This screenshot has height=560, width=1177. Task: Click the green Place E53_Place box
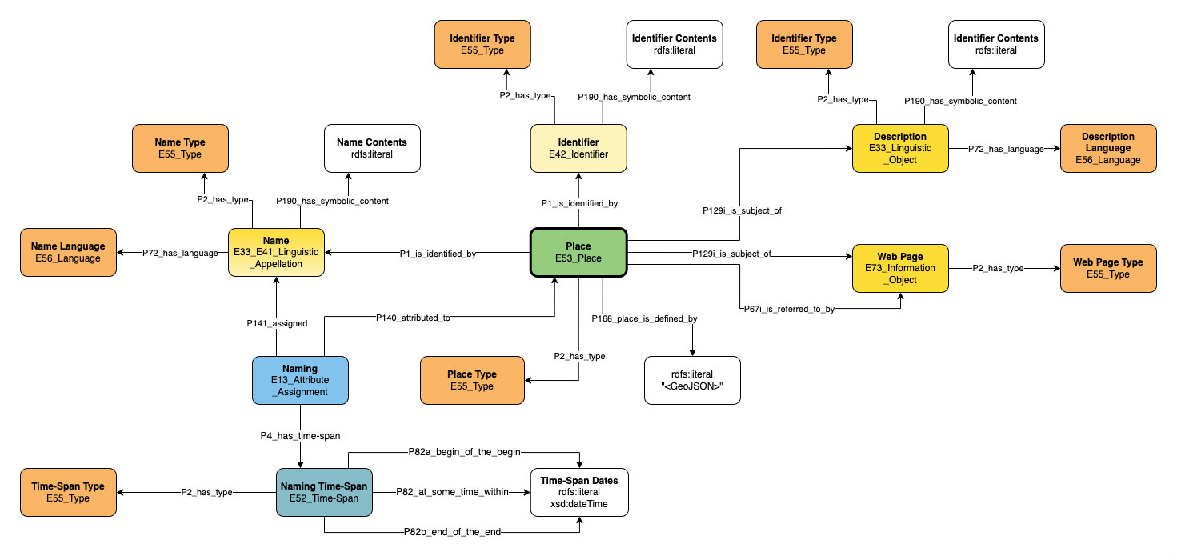point(578,252)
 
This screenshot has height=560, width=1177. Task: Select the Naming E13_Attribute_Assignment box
point(300,380)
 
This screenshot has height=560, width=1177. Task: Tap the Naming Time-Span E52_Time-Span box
point(324,492)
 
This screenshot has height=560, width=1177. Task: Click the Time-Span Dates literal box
point(579,492)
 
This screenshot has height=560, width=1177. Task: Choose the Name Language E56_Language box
point(67,252)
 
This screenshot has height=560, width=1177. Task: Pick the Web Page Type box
point(1108,268)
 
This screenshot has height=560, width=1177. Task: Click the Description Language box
point(1108,148)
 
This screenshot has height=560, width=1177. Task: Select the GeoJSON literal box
point(692,380)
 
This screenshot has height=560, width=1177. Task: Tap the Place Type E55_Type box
point(472,380)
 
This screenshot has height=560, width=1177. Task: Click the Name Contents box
point(372,148)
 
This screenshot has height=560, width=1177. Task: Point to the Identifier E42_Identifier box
point(578,148)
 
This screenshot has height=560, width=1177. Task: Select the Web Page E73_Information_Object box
point(900,268)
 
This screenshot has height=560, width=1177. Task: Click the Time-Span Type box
point(67,492)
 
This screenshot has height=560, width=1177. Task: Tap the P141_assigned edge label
point(276,324)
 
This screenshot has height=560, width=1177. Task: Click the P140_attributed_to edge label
point(414,318)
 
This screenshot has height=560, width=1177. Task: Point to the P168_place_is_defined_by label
point(644,318)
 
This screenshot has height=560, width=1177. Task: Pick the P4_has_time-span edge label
point(300,435)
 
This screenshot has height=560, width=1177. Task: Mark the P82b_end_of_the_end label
point(453,532)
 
